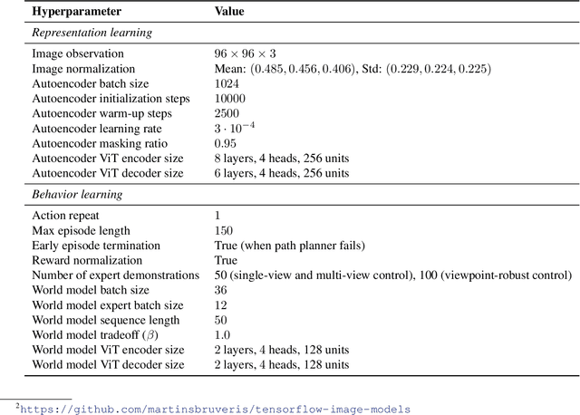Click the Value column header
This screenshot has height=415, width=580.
point(228,13)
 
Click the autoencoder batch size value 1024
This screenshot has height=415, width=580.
point(226,83)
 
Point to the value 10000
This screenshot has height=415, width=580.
point(228,98)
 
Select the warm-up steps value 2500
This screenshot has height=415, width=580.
point(226,113)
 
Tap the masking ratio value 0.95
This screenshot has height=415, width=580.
point(224,143)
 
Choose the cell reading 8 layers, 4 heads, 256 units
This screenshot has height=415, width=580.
point(282,158)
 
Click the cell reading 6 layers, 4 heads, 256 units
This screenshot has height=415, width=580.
point(282,172)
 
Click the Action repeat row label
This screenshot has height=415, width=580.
point(64,216)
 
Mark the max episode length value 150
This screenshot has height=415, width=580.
point(222,230)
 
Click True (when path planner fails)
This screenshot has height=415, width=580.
point(288,246)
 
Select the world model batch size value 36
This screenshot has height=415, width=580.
point(220,290)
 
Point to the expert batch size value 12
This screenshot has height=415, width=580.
point(220,305)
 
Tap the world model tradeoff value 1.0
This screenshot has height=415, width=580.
point(221,334)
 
